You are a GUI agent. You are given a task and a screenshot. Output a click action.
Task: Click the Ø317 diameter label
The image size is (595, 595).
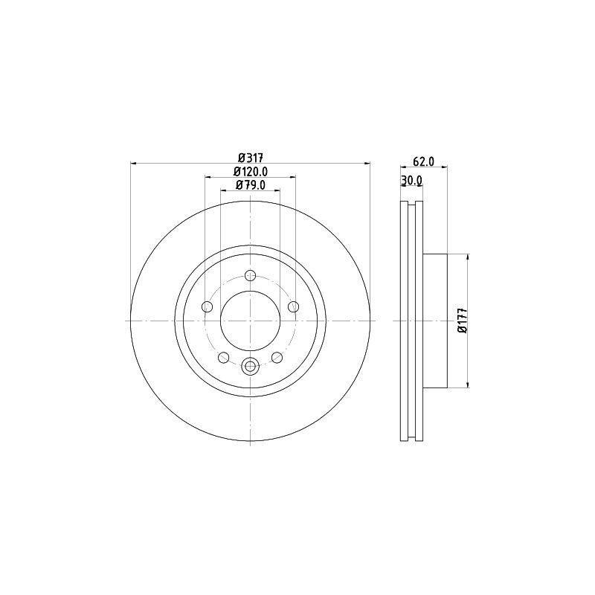coord(251,157)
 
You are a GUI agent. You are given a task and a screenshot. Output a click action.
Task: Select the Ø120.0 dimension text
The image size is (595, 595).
coord(251,172)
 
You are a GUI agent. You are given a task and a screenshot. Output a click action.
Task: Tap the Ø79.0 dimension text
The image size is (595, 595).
coord(251,186)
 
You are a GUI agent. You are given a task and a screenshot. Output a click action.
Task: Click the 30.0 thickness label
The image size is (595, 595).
coord(411,180)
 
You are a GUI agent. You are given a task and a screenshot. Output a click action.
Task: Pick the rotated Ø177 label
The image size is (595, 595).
coord(462,320)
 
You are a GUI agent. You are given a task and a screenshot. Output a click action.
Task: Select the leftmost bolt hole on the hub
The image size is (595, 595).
coord(208,306)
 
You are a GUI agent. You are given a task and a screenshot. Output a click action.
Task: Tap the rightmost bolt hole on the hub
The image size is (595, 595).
coord(294,306)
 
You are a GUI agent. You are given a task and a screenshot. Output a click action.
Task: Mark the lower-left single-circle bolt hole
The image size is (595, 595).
coord(223,358)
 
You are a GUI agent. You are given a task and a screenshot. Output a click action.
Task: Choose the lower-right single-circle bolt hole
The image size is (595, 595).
coord(277,358)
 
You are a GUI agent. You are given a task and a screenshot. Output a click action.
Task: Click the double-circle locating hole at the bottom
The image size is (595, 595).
coord(251,365)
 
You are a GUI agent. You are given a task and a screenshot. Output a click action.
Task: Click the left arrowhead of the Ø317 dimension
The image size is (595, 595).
coord(133,163)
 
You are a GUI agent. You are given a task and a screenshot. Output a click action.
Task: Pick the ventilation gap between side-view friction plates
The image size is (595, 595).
coord(412,320)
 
